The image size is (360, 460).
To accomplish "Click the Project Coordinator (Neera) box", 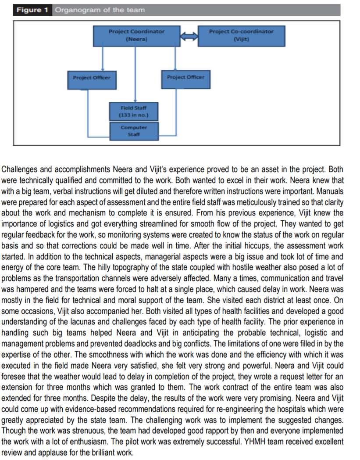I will [x=136, y=36].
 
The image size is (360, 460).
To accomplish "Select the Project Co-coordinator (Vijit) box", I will [x=241, y=36].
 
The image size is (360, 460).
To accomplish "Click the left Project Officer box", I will [x=92, y=78].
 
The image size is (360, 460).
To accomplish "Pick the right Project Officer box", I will [x=185, y=77].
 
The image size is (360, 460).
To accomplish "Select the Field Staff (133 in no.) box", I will [x=134, y=111].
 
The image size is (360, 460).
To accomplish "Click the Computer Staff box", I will [x=134, y=131].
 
